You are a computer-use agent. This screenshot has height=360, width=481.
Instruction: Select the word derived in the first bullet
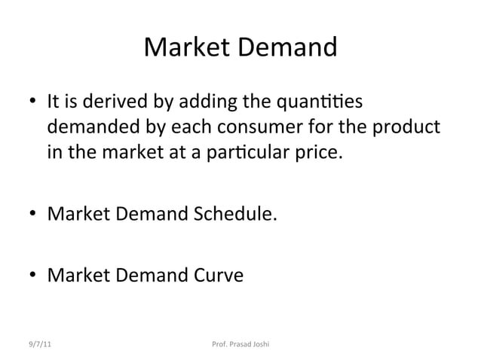(121, 100)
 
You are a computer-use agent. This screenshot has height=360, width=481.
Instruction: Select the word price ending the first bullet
(320, 156)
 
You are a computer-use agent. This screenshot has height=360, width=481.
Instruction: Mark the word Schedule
(236, 217)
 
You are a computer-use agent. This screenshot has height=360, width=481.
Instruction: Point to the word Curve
(218, 277)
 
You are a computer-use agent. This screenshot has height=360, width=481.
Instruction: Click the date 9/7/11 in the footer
(37, 345)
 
